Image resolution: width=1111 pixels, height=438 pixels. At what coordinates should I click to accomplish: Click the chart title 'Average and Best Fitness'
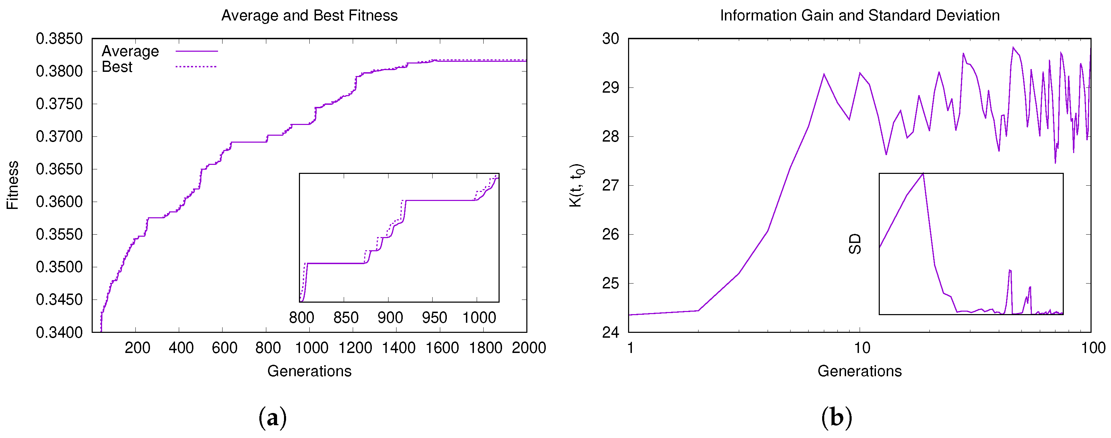coord(309,16)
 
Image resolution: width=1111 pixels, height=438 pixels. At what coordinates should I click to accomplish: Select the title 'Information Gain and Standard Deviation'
coord(860,16)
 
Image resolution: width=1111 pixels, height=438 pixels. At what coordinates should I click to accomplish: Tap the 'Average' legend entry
coord(130,51)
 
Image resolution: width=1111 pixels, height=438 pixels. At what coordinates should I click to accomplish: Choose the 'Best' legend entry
coord(117,67)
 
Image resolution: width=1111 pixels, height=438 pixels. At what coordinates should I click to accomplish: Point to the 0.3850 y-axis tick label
coord(59,39)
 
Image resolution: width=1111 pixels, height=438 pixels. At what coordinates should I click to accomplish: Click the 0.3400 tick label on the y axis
coord(59,332)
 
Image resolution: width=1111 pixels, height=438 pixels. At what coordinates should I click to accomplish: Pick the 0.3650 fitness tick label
coord(59,169)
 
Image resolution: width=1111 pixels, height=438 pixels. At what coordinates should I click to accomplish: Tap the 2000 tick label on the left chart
coord(529,348)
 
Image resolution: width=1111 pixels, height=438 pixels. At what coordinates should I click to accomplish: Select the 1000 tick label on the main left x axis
coord(311,348)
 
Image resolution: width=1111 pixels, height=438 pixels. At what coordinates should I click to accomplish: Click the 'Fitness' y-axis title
coord(13,185)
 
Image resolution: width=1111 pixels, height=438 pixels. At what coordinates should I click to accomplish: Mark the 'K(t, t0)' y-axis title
coord(577,185)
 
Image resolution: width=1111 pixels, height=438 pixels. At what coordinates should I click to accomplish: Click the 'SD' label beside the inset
coord(855,244)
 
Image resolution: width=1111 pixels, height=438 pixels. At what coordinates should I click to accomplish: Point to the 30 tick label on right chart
coord(610,39)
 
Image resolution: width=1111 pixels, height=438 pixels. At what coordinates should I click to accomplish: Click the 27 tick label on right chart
coord(610,185)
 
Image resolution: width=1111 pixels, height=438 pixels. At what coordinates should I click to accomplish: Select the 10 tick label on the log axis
coord(862,348)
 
